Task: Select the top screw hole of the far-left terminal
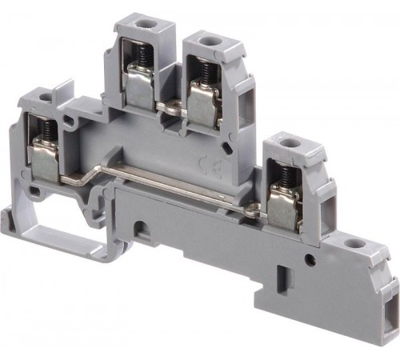pyautogui.click(x=46, y=97)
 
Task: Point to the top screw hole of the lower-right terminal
pyautogui.click(x=288, y=144)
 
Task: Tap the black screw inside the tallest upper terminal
pyautogui.click(x=146, y=55)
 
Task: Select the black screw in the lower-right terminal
pyautogui.click(x=286, y=178)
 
